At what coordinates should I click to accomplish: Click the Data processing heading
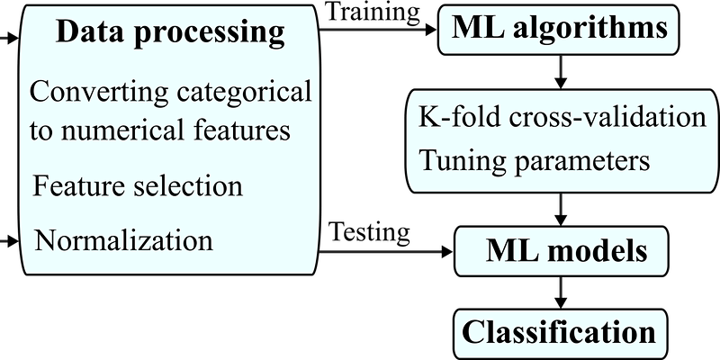tap(170, 32)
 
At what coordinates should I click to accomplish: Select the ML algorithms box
tap(558, 30)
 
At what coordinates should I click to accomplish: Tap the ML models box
tap(561, 251)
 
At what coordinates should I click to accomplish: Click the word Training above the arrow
tap(373, 13)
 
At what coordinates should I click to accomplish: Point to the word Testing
tap(370, 233)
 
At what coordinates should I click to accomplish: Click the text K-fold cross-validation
tap(562, 117)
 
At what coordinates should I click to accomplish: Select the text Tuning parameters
tap(535, 161)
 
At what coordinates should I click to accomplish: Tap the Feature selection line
tap(138, 186)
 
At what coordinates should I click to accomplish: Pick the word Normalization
tap(124, 239)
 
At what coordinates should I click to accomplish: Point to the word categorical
tap(244, 92)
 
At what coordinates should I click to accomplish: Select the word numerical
tap(122, 130)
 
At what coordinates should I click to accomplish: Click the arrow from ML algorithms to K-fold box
tap(560, 72)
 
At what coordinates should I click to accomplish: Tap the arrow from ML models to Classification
tap(560, 293)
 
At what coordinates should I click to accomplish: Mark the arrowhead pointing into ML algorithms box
tap(431, 30)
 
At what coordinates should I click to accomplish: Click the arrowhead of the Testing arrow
tap(446, 252)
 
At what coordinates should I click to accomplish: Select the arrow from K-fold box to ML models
tap(560, 210)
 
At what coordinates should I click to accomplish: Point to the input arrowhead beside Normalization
tap(13, 240)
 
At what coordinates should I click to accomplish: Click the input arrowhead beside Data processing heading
tap(13, 39)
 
